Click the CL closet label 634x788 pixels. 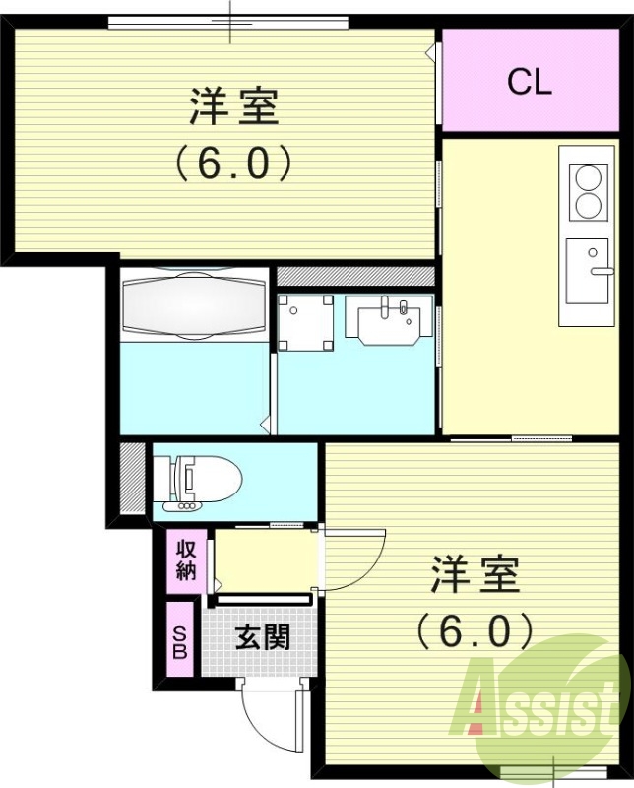(529, 83)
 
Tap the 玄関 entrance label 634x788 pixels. (262, 637)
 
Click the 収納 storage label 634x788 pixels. (186, 558)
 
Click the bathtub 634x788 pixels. (193, 304)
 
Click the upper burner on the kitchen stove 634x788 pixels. (588, 178)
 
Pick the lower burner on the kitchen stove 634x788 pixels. (588, 205)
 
